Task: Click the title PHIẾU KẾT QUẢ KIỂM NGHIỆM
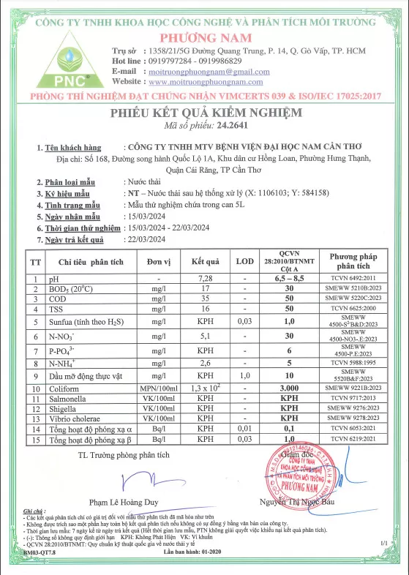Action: click(205, 113)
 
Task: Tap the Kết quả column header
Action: click(206, 261)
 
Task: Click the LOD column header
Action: click(245, 261)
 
